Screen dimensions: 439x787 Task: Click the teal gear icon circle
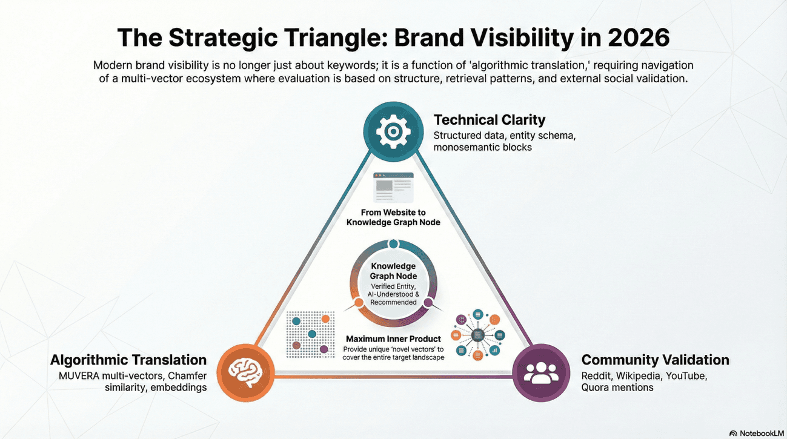coord(393,131)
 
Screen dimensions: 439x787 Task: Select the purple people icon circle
coord(540,372)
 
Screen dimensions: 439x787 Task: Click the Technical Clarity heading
coord(490,119)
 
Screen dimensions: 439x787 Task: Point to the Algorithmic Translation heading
coord(128,360)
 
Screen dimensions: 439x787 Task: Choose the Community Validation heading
coord(655,360)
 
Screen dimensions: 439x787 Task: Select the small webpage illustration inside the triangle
coord(393,188)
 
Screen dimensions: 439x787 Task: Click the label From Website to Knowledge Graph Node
coord(393,217)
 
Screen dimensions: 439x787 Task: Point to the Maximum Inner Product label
coord(393,339)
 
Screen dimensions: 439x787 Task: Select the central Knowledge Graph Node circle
coord(393,283)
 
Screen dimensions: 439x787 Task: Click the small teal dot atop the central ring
coord(393,244)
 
